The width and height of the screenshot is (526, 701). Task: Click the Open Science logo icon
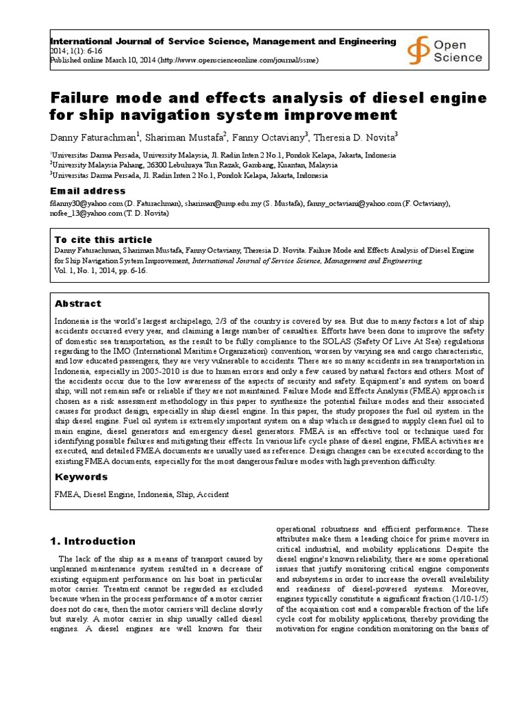click(x=417, y=49)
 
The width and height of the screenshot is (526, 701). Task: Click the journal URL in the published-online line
click(x=238, y=60)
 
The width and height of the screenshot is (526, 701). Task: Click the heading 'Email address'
click(x=88, y=191)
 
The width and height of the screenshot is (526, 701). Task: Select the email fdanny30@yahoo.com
click(x=86, y=203)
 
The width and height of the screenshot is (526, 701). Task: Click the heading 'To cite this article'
click(x=103, y=240)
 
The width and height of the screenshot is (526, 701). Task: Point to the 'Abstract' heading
click(x=78, y=303)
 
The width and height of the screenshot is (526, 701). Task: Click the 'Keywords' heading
click(x=82, y=476)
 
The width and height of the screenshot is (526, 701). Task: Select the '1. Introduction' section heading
click(x=92, y=541)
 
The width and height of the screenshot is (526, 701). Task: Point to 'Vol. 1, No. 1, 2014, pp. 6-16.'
click(x=101, y=270)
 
